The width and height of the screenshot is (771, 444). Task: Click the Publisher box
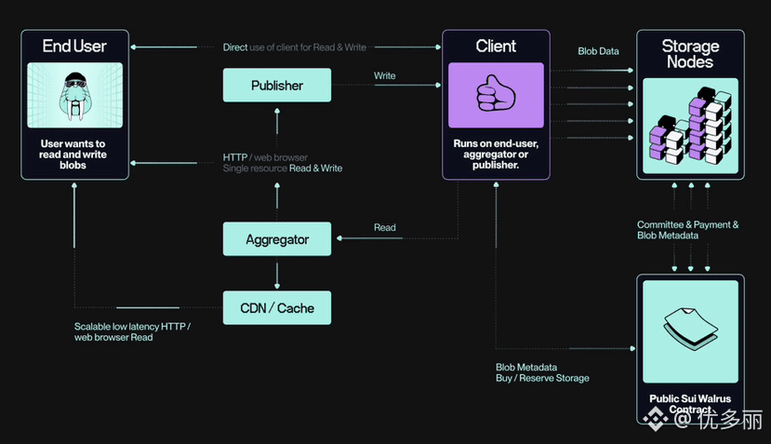click(277, 86)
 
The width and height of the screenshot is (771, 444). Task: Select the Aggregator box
click(277, 239)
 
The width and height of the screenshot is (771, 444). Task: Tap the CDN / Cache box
click(277, 307)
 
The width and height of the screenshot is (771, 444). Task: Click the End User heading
click(74, 46)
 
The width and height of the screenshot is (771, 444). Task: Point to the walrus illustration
click(74, 95)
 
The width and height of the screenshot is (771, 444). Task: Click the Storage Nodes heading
click(690, 54)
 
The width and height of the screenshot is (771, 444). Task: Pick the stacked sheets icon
click(689, 329)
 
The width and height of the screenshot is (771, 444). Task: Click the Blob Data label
click(598, 51)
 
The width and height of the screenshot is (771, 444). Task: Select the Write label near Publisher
click(384, 75)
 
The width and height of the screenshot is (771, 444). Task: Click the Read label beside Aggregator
click(384, 227)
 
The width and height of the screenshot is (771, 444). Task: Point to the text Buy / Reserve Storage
click(542, 378)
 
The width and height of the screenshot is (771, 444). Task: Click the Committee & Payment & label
click(687, 224)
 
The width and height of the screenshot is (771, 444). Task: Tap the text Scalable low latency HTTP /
click(132, 326)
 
